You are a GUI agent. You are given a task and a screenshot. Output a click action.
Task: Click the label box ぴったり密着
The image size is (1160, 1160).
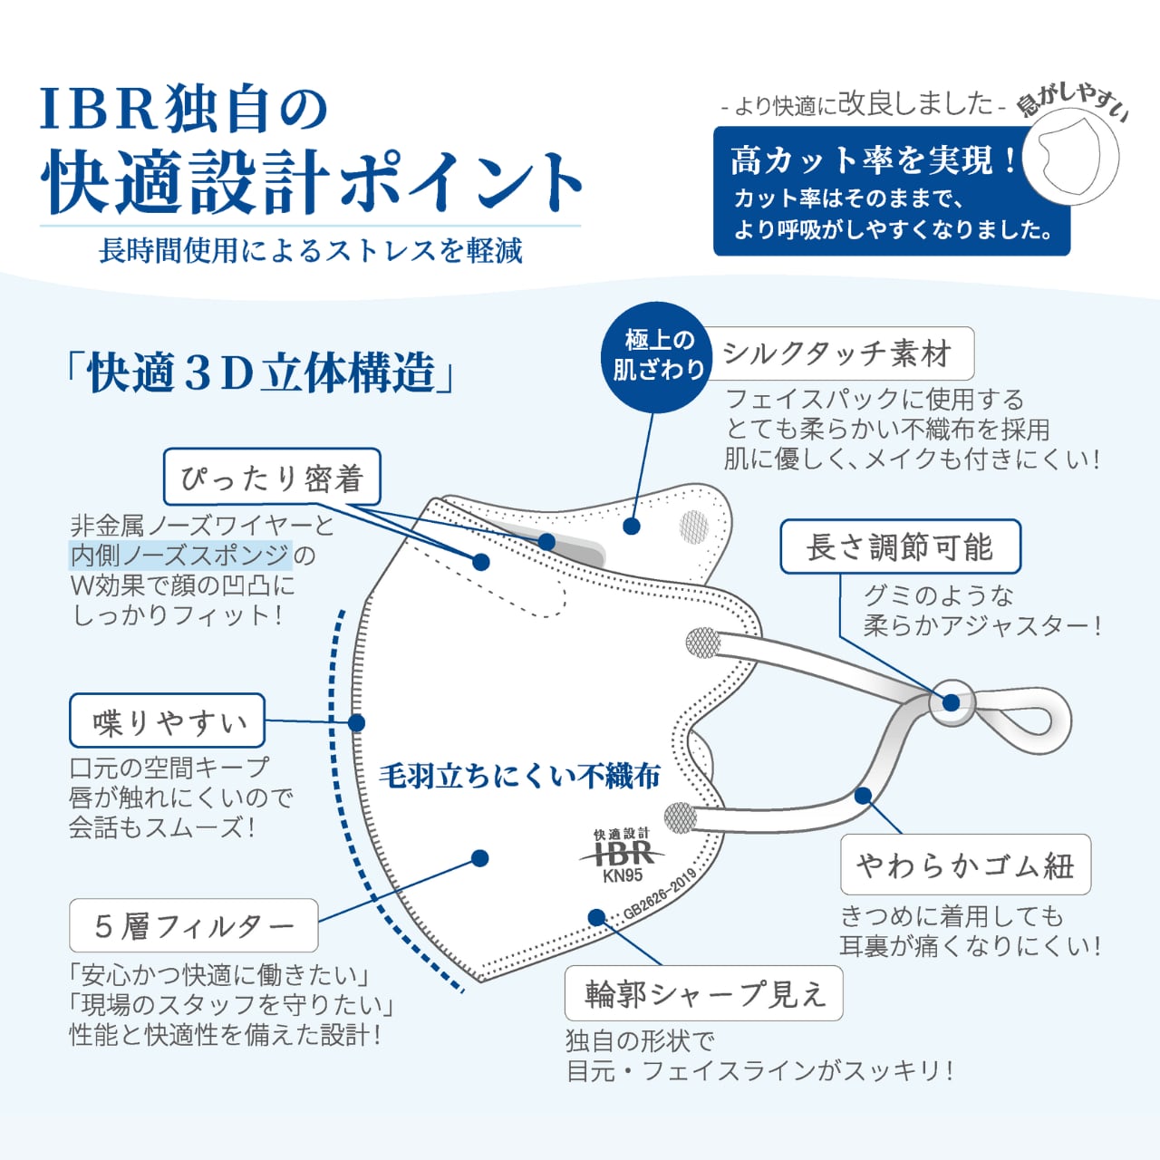point(272,476)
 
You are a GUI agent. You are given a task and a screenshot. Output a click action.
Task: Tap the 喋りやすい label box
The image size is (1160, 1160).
point(168,720)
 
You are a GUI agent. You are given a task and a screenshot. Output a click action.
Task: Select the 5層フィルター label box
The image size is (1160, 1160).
point(194,926)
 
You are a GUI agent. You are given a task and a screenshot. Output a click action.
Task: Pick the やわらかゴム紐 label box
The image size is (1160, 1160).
point(965,865)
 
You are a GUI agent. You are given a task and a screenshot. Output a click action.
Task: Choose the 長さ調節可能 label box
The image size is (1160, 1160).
point(901,546)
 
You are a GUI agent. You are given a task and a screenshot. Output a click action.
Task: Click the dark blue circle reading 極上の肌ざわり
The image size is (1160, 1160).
point(657,358)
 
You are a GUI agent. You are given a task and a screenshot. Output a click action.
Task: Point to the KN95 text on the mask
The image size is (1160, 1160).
point(623,875)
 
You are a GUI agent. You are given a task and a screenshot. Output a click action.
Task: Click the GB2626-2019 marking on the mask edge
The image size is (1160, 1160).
point(661,893)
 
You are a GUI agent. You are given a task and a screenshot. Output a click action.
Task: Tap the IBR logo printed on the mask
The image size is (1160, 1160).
point(623,851)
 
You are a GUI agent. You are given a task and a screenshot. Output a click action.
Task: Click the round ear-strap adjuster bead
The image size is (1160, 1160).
point(952,702)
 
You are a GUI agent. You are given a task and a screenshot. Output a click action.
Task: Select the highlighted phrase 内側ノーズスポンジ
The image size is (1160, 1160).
point(180,555)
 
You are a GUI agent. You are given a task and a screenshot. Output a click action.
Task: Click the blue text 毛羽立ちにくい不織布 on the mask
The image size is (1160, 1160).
point(520,776)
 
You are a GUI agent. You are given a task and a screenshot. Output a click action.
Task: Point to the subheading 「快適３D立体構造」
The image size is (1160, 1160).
point(260,372)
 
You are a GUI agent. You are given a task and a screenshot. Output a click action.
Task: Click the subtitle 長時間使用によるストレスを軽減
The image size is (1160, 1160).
point(311,250)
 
